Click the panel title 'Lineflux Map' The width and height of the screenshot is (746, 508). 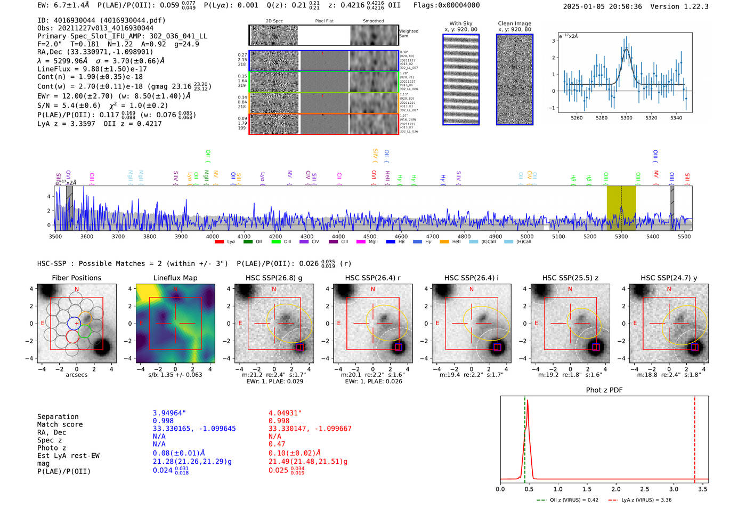point(175,278)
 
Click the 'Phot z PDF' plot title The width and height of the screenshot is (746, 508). point(604,390)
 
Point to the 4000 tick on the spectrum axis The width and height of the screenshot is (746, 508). point(212,236)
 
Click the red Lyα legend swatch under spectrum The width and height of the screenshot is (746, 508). point(219,242)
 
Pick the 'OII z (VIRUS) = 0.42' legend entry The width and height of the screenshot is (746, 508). point(567,500)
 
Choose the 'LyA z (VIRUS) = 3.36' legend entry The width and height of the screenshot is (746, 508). point(646,500)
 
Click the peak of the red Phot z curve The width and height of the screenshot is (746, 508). point(528,400)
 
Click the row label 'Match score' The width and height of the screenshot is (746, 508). point(60,424)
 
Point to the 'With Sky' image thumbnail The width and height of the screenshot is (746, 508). point(461,79)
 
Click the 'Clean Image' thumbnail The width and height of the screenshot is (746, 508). point(514,79)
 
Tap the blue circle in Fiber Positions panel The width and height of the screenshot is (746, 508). point(74,323)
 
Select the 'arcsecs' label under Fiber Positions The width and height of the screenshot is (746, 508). point(76,375)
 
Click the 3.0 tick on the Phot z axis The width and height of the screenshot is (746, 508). point(674,489)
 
